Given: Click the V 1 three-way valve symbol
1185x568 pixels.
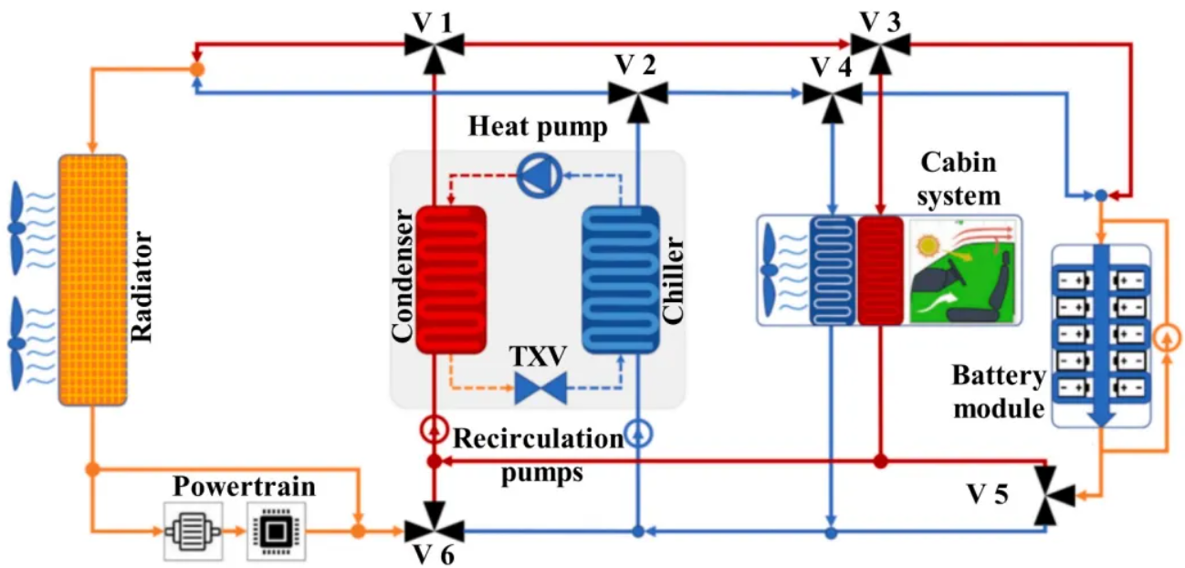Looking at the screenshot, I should tap(435, 43).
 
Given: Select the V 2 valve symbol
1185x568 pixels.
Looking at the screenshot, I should tap(638, 92).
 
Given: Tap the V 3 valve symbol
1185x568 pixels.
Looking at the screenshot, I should tap(881, 43).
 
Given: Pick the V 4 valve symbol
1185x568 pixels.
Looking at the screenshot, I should tap(831, 93).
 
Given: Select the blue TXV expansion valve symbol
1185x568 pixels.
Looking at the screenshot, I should tap(540, 387).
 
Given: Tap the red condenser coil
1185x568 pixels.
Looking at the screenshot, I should tap(451, 279).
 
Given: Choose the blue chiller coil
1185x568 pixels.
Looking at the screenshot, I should tap(621, 279).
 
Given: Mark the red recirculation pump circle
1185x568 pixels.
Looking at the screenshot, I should tap(435, 428).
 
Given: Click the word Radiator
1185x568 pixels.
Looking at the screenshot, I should tap(142, 286).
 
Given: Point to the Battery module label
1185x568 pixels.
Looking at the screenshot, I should tap(997, 392).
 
